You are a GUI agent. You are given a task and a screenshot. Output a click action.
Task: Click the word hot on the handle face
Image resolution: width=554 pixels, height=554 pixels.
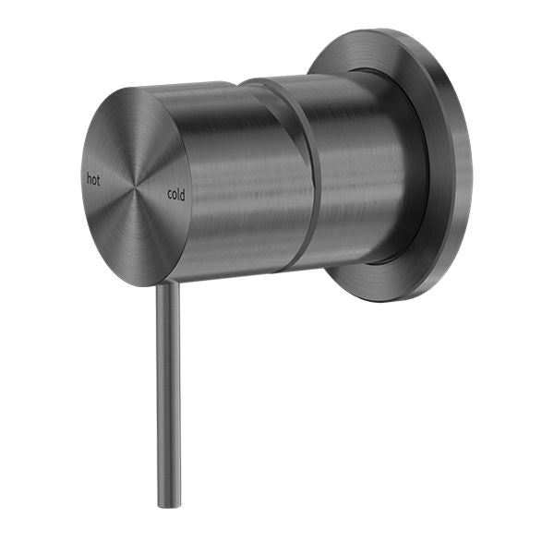(93, 179)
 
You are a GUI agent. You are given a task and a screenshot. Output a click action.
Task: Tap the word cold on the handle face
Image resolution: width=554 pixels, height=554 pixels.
(176, 194)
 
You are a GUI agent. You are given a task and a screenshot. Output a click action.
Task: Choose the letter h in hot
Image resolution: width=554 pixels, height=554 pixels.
(89, 179)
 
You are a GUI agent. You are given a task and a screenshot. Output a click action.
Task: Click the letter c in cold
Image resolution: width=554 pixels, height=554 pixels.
(170, 195)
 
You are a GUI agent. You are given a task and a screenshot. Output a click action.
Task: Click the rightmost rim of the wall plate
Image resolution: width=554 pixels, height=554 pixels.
(470, 166)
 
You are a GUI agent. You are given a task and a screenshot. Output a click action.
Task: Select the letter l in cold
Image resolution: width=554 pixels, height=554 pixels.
(179, 194)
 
